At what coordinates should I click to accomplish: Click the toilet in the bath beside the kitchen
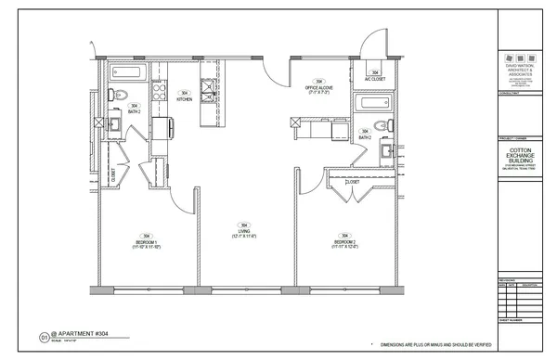[x=122, y=93]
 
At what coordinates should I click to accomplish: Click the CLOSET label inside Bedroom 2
[x=352, y=182]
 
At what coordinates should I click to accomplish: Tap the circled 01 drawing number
[x=44, y=339]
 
